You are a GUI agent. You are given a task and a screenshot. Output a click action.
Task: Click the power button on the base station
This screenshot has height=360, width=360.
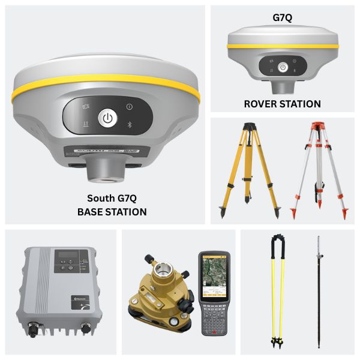pyautogui.click(x=107, y=118)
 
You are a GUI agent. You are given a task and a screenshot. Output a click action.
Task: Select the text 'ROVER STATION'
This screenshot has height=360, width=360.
pyautogui.click(x=282, y=104)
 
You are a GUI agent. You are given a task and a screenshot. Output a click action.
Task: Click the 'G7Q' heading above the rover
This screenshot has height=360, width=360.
pyautogui.click(x=282, y=17)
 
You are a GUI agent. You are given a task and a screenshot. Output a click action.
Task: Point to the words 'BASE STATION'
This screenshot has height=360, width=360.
pyautogui.click(x=112, y=211)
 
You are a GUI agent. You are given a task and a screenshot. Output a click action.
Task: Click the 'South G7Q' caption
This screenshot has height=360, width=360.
pyautogui.click(x=112, y=199)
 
